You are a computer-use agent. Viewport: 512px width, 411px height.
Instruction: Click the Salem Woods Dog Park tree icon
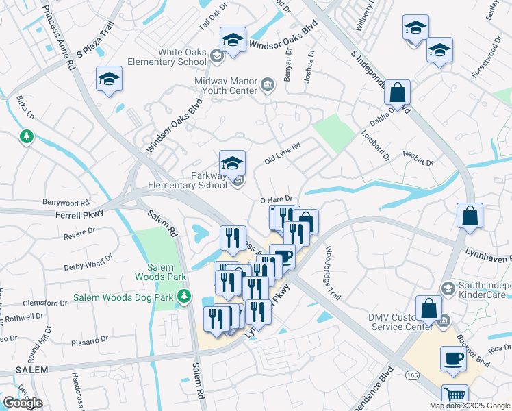183,296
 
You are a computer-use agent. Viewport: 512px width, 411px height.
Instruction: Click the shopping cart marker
455,395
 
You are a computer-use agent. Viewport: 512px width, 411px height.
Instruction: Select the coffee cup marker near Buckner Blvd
452,358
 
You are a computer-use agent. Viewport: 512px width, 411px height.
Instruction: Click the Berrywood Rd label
66,203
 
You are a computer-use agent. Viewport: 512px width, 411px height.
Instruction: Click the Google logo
23,403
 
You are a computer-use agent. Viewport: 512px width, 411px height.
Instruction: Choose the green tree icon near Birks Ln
27,137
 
